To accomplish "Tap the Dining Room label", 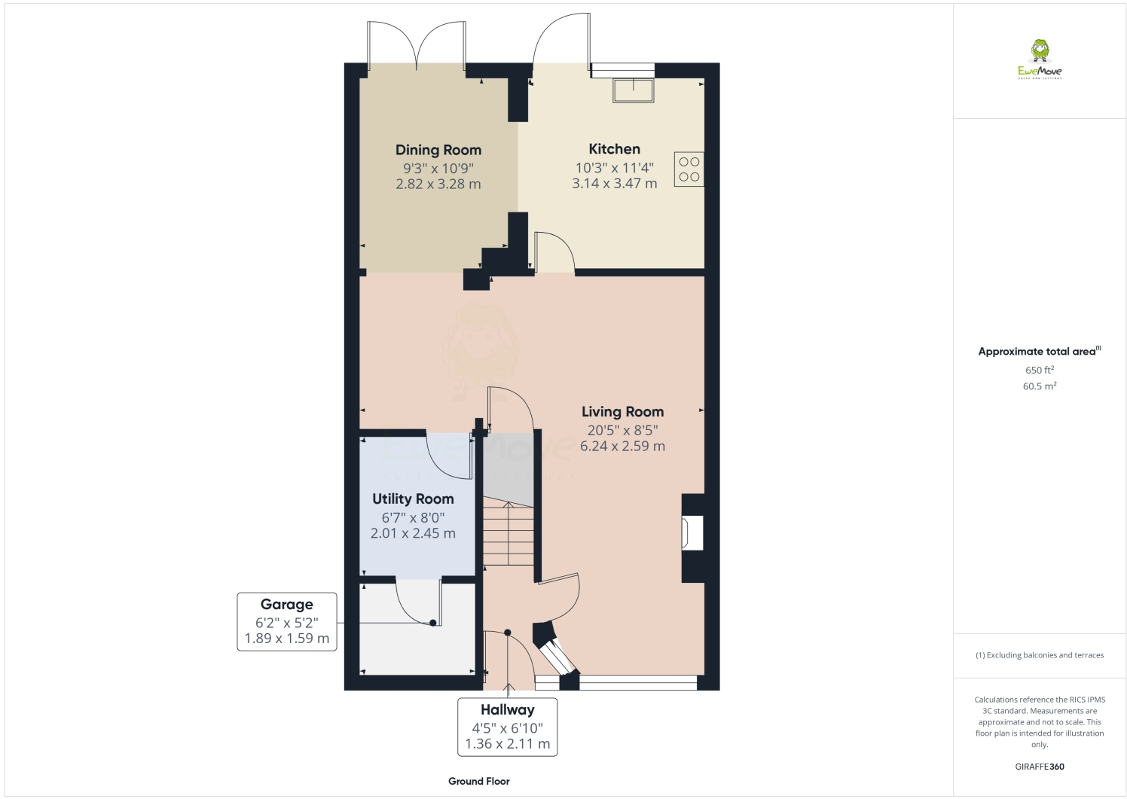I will coord(438,150).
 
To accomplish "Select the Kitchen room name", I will coord(614,149).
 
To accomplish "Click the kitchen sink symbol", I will coord(634,90).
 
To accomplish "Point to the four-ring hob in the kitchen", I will coord(689,169).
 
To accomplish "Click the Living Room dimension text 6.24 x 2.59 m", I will coord(622,446).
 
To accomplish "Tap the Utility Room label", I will coord(413,499).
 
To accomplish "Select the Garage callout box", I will coord(286,621).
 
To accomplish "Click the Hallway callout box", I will coord(507,727).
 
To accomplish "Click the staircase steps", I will coord(509,536).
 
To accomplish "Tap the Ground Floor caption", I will coord(478,781).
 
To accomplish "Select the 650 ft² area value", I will coord(1039,370).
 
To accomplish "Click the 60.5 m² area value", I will coord(1039,386).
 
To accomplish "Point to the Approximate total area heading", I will coord(1038,351).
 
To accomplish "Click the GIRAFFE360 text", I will coord(1039,767).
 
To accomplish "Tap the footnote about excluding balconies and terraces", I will coord(1039,655).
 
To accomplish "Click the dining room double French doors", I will coord(415,44).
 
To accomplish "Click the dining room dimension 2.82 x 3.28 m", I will coord(438,184).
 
